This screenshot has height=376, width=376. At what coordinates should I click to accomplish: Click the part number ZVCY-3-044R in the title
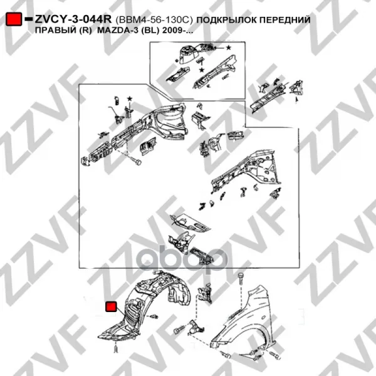pos(73,19)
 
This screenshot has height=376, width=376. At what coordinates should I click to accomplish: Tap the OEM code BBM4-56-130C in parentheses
pos(154,20)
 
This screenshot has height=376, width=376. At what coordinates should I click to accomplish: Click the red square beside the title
pos(14,19)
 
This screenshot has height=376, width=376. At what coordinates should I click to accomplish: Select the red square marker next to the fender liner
pos(111,306)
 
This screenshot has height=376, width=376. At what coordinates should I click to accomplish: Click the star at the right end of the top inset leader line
pos(229,48)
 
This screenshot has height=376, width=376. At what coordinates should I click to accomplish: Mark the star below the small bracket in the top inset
pos(202,70)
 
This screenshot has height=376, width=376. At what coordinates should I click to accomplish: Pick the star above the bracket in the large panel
pos(130,98)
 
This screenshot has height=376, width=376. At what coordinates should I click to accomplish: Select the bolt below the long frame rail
pos(136,160)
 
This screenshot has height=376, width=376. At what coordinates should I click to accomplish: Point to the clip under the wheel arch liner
pos(116,348)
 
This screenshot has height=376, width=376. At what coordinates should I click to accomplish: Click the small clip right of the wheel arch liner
pos(154,316)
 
